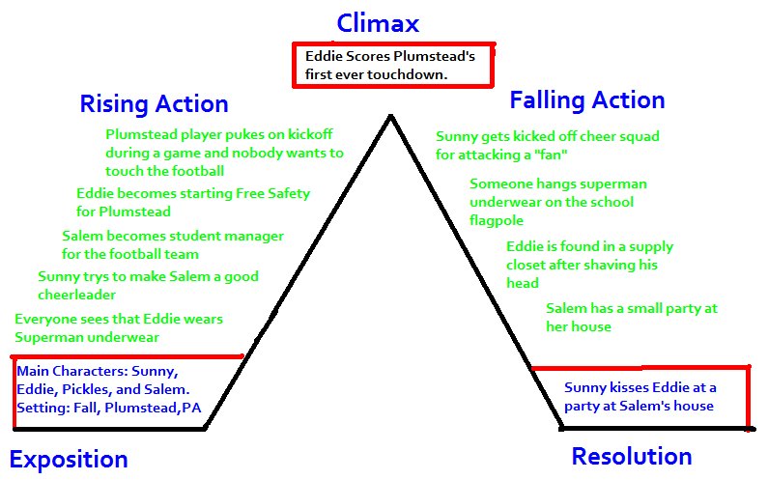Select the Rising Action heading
154,103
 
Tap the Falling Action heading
586,99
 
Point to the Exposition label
69,459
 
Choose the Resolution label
631,456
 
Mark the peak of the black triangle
390,117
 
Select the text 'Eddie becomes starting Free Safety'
193,193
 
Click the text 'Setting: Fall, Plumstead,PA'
104,408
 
